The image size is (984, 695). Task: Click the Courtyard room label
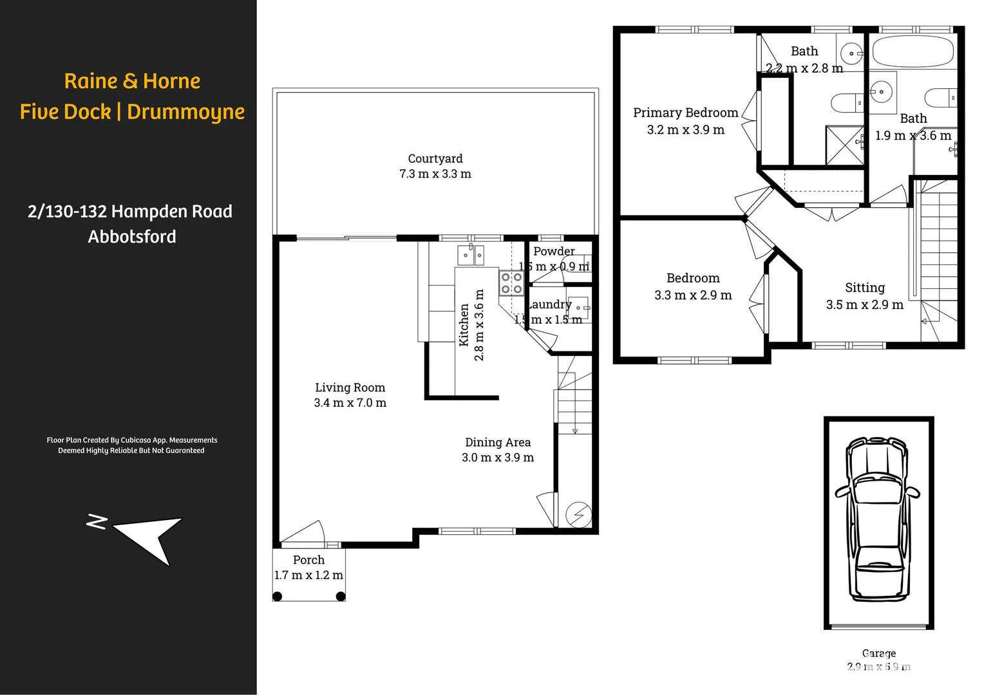[435, 158]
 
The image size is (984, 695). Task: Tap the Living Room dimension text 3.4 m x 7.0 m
[350, 403]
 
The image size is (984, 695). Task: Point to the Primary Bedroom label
[685, 113]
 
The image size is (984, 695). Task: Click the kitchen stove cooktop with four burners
[511, 283]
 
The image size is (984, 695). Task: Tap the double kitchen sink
[471, 255]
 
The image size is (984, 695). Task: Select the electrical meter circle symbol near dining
[578, 514]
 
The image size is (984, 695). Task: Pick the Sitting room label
[864, 288]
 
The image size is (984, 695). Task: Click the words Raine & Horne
[132, 81]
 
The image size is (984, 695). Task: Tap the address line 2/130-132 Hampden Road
[130, 211]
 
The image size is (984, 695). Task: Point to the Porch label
[308, 560]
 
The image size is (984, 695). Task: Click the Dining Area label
[498, 442]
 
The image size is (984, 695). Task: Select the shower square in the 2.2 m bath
[844, 146]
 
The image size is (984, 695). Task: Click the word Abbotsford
[132, 237]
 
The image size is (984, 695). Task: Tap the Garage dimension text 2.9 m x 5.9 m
[878, 667]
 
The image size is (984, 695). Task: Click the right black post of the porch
[341, 596]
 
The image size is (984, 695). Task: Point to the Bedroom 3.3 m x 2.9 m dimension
[693, 295]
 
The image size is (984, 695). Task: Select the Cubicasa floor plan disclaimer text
[131, 445]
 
